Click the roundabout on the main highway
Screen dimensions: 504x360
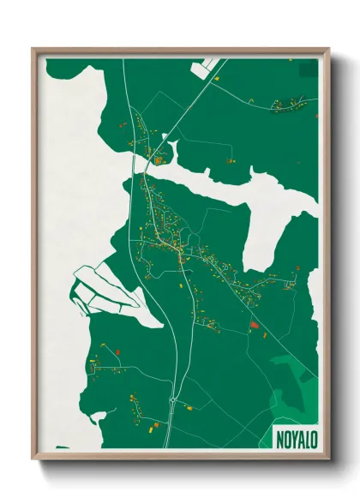pyautogui.click(x=172, y=399)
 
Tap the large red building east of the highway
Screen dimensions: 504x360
pyautogui.click(x=253, y=325)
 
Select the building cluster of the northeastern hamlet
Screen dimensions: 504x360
pyautogui.click(x=287, y=105)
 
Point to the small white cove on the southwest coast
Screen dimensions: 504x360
pyautogui.click(x=96, y=419)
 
